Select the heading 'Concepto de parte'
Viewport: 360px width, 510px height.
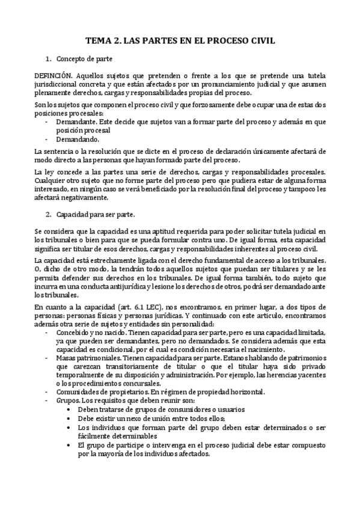[x=84, y=59]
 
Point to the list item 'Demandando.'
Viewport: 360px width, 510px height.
[x=78, y=138]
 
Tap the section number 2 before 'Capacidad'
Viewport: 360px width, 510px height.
[x=48, y=214]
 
